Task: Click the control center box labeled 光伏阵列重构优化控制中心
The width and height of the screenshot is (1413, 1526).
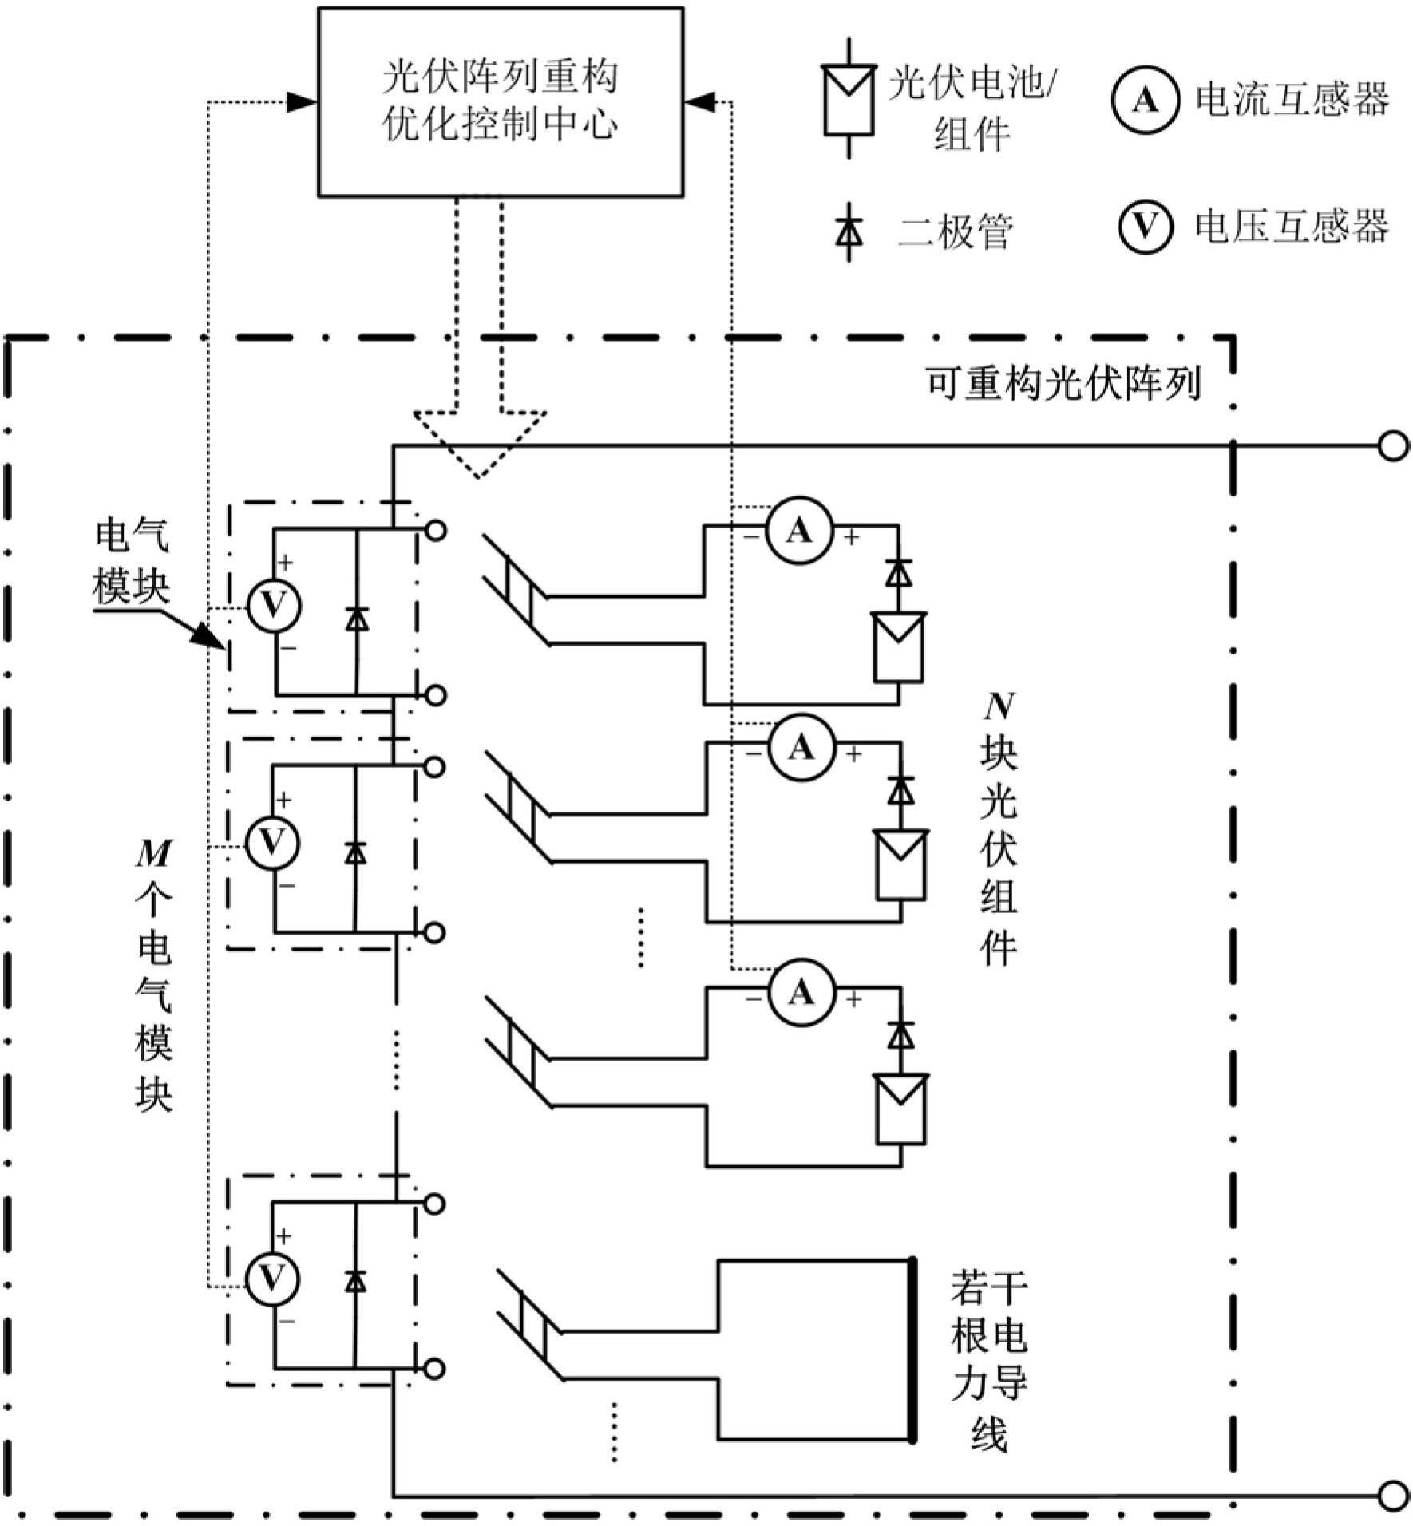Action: pyautogui.click(x=501, y=101)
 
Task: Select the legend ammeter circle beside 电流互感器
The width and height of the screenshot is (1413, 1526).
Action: pyautogui.click(x=1145, y=101)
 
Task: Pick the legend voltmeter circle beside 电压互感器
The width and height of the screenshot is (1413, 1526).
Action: pyautogui.click(x=1145, y=227)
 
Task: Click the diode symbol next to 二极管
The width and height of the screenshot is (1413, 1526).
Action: pyautogui.click(x=849, y=232)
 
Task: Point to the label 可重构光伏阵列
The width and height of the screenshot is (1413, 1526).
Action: pyautogui.click(x=1063, y=384)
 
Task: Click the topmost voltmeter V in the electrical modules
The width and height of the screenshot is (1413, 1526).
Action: pyautogui.click(x=273, y=606)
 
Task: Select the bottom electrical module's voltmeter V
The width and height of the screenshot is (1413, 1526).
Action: pyautogui.click(x=273, y=1279)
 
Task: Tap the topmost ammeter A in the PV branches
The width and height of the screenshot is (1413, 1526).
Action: pyautogui.click(x=799, y=531)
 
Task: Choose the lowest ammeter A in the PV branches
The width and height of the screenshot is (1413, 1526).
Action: pyautogui.click(x=801, y=992)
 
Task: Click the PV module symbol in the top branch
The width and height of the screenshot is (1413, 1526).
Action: pyautogui.click(x=900, y=646)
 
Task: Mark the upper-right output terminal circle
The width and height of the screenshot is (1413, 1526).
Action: pyautogui.click(x=1393, y=446)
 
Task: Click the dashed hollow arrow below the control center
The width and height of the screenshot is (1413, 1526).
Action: pyautogui.click(x=479, y=439)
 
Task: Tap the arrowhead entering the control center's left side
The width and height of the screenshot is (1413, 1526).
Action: pyautogui.click(x=303, y=101)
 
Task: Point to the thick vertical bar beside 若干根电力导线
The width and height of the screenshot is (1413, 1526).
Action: pyautogui.click(x=912, y=1350)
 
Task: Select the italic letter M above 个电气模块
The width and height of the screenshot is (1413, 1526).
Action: pyautogui.click(x=153, y=855)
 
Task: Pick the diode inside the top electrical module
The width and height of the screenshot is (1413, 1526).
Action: pyautogui.click(x=356, y=619)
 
